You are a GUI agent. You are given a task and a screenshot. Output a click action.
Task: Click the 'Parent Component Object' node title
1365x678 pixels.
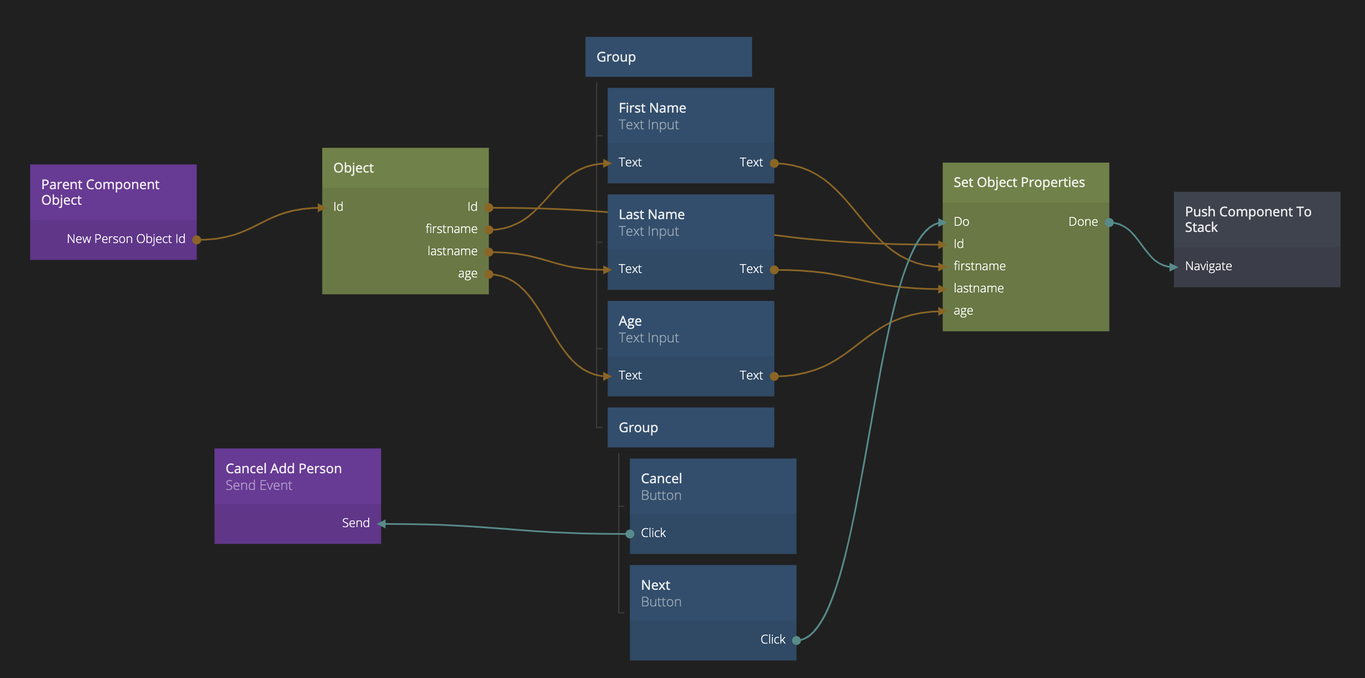coord(100,192)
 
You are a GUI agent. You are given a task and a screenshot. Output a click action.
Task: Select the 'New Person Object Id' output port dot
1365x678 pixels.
coord(197,240)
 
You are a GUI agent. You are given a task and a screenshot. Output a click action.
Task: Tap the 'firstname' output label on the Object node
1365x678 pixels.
coord(451,229)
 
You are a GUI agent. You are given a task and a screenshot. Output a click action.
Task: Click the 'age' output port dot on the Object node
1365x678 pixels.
coord(489,274)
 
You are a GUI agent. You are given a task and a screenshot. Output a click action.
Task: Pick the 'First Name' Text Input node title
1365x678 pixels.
coord(652,108)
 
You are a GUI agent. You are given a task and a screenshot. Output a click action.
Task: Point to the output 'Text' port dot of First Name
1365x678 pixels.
coord(774,164)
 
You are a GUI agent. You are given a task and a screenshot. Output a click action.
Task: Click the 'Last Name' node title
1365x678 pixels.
coord(651,215)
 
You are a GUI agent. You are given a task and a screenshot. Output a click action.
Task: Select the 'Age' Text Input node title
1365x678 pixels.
coord(630,321)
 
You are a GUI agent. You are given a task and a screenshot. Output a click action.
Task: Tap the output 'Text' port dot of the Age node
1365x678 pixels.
coord(774,377)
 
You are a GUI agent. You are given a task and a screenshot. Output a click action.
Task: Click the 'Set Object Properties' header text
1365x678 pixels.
coord(1018,183)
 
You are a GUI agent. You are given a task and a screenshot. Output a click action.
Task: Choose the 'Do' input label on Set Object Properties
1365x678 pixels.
coord(961,222)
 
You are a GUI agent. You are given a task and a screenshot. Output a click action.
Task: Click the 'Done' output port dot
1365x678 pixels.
coord(1109,223)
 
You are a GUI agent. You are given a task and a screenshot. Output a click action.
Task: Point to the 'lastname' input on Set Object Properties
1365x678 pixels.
coord(978,289)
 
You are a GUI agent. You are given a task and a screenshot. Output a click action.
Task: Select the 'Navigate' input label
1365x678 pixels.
coord(1208,266)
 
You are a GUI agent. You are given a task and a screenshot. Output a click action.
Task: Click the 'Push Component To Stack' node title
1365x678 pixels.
coord(1247,220)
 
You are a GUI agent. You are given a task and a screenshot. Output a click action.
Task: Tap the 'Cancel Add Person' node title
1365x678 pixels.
coord(283,469)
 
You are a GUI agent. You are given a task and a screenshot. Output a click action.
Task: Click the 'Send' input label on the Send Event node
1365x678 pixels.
coord(355,523)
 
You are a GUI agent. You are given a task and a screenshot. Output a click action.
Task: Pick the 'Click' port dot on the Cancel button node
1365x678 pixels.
coord(630,534)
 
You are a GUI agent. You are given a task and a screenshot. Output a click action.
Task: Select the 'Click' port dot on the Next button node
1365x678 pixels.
coord(796,640)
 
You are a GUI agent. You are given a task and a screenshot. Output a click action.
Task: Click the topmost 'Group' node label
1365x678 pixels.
coord(616,57)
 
